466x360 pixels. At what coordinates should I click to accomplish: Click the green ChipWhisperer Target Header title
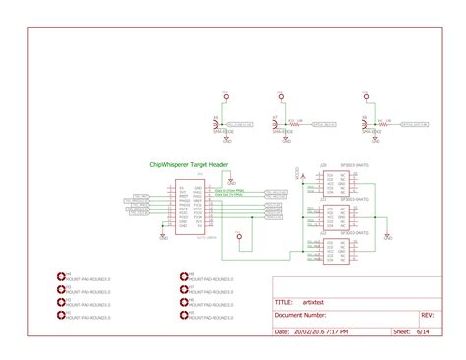[189, 164]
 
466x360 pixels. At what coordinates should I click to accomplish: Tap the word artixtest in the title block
[314, 303]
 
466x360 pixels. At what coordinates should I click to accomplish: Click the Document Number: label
[301, 316]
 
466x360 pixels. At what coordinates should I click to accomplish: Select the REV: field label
[427, 316]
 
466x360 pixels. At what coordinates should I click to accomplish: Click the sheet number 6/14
[423, 332]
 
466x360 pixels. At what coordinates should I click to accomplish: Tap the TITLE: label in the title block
[284, 303]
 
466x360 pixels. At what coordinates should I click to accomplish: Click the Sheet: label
[401, 332]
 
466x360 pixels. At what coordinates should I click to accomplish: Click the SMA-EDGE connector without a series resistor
[224, 125]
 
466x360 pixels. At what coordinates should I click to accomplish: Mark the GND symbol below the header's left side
[162, 235]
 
